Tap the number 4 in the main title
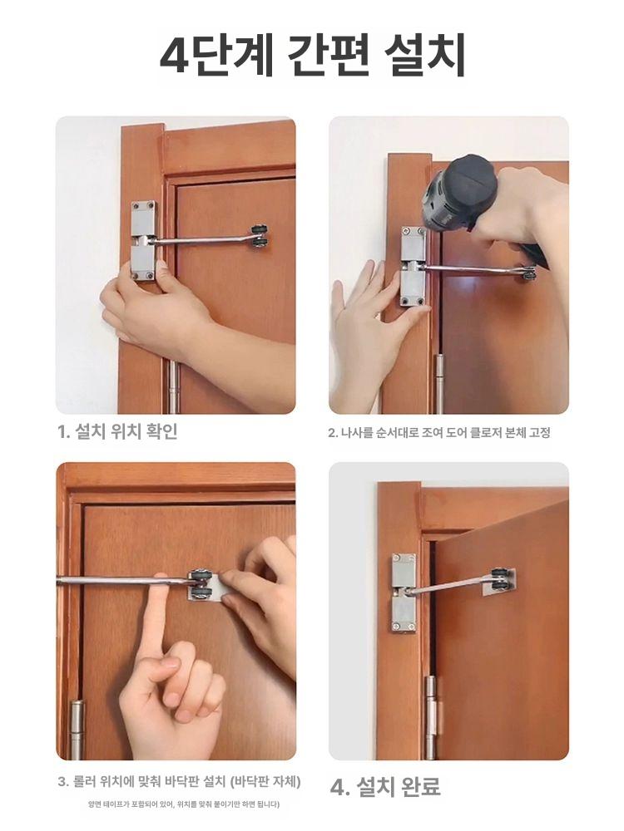(x=175, y=55)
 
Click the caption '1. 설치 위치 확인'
(x=118, y=431)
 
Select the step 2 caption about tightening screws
(x=438, y=432)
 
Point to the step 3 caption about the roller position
(x=179, y=781)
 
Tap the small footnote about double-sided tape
(x=184, y=804)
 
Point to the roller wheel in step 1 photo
(x=260, y=235)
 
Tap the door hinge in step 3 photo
(x=77, y=730)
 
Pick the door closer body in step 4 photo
(x=404, y=592)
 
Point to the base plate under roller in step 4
(x=498, y=583)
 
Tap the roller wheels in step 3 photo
(x=201, y=584)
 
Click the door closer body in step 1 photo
(x=144, y=241)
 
